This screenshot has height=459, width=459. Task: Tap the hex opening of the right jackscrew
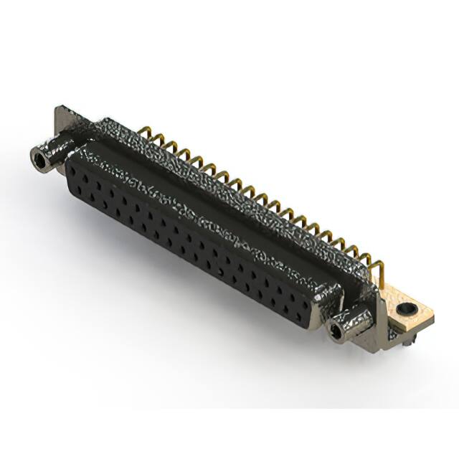pos(334,330)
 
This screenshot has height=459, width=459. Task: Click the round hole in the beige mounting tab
pos(408,311)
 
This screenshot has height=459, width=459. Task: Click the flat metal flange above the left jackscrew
pos(63,122)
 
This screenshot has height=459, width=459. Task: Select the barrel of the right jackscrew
pos(351,321)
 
